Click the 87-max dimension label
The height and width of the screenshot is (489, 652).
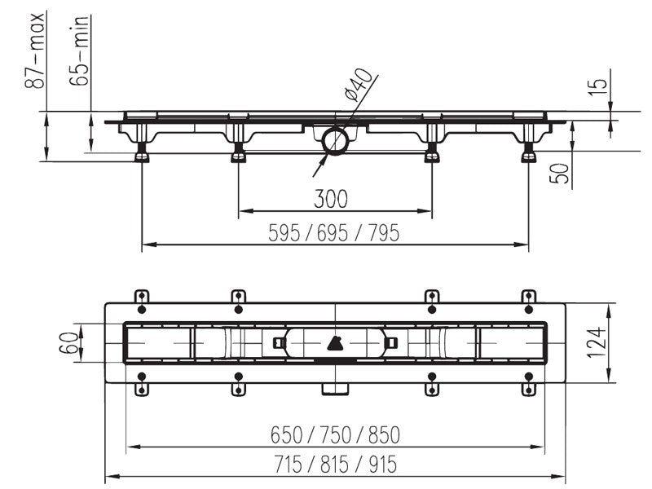34,51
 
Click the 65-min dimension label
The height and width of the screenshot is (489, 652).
79,51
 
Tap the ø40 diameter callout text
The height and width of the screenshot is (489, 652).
358,85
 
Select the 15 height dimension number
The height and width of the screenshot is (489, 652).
597,87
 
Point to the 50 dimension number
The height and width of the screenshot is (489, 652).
559,174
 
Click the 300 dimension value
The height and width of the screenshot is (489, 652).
331,199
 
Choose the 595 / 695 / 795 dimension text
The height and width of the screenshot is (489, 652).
334,233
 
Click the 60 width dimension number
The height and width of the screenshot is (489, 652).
69,342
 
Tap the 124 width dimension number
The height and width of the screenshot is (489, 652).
597,342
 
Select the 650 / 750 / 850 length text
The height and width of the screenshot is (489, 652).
335,435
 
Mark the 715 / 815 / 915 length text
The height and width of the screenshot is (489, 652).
336,464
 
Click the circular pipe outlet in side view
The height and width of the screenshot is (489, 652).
335,141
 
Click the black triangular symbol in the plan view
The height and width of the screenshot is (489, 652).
335,343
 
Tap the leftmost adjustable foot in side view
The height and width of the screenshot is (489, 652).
142,153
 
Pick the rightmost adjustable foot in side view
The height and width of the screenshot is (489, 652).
528,153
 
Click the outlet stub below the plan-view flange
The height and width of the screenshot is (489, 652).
335,389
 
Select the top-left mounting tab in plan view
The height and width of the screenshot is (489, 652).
142,297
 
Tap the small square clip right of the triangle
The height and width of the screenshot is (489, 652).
391,343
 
